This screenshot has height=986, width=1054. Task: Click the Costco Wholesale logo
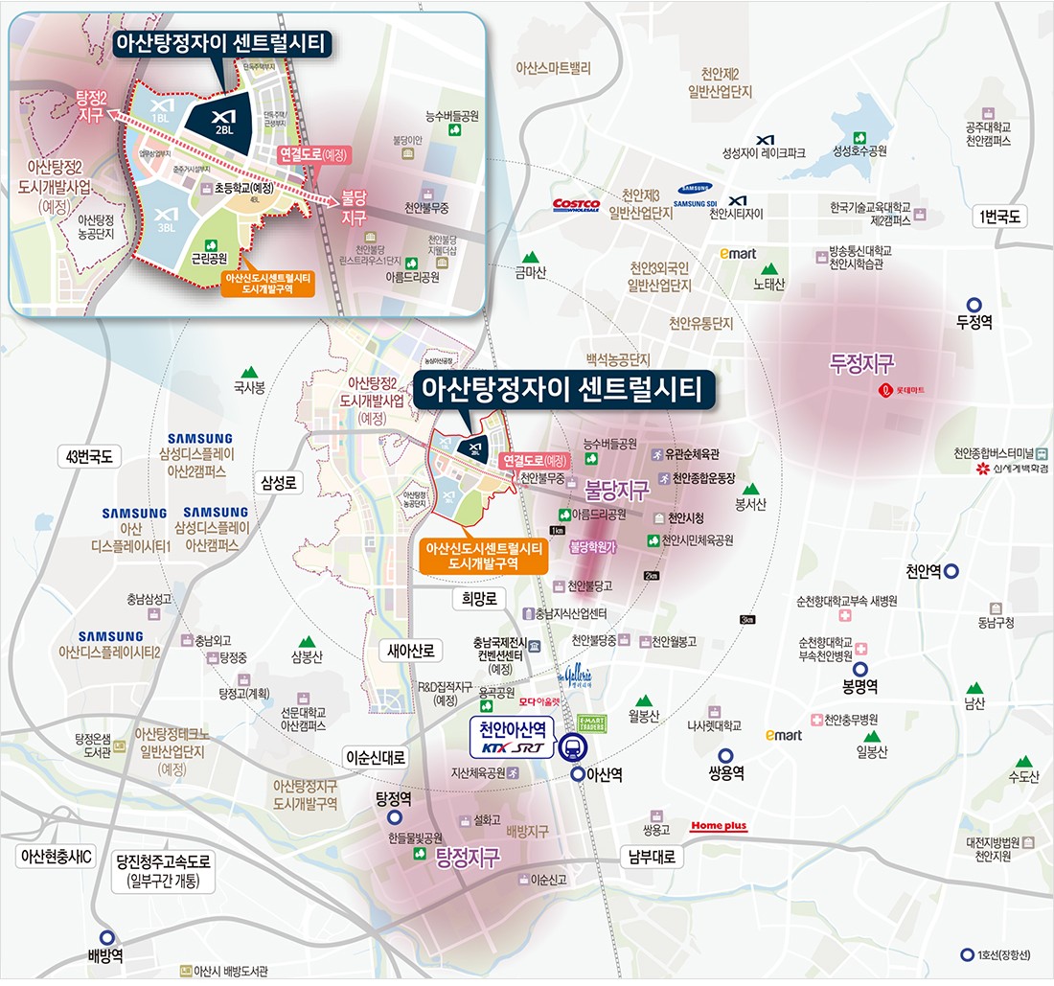[x=577, y=204]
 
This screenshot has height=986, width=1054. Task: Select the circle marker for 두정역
[x=974, y=302]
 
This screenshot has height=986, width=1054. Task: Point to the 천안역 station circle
[x=951, y=571]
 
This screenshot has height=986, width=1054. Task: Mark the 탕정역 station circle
[x=395, y=818]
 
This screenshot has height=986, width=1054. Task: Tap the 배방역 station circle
[x=107, y=938]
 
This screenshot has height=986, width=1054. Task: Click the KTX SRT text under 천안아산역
[x=512, y=747]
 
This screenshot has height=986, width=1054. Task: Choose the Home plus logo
[x=719, y=826]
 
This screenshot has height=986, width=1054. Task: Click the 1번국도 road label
[x=997, y=217]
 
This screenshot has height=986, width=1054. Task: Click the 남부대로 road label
[x=652, y=857]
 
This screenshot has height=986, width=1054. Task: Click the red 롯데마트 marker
[x=886, y=391]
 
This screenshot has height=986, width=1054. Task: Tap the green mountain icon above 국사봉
[x=250, y=371]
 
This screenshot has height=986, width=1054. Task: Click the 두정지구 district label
[x=862, y=363]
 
